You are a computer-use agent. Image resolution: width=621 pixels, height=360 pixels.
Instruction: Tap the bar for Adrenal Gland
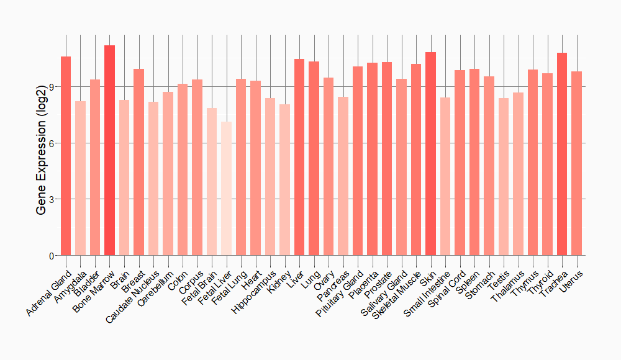click(66, 156)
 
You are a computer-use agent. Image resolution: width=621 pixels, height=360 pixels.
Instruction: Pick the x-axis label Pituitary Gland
click(340, 293)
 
